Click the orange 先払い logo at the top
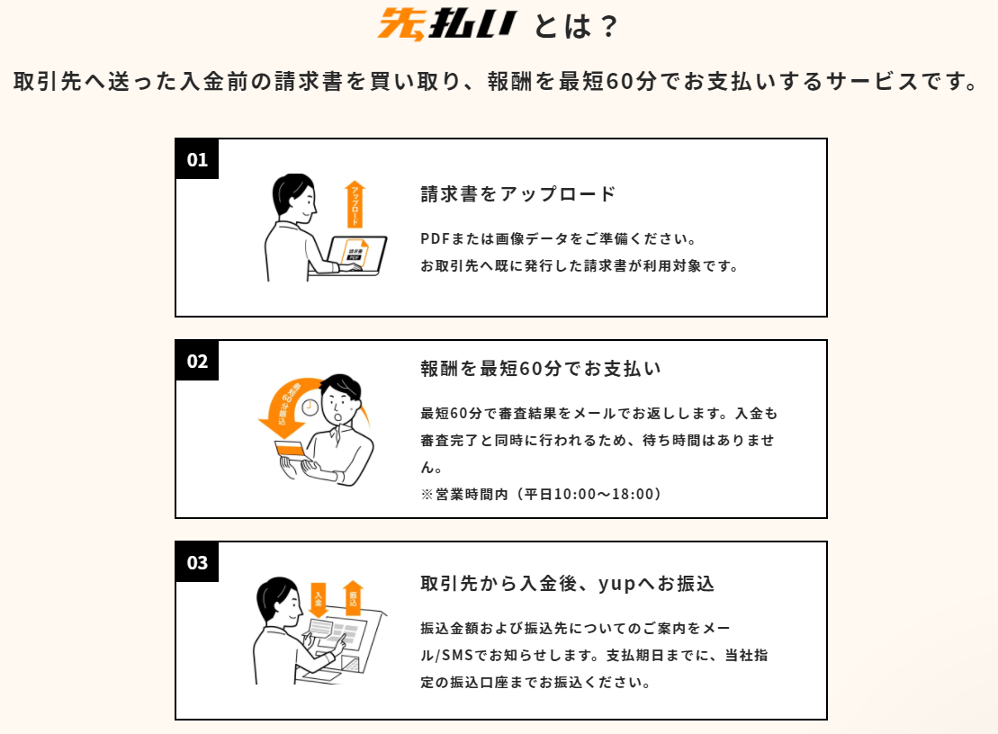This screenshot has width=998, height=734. click(x=446, y=24)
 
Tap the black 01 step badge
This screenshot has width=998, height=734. click(x=197, y=159)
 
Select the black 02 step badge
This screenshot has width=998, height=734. click(x=197, y=361)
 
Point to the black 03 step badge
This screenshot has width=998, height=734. click(x=197, y=562)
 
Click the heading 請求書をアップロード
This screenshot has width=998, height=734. click(x=518, y=194)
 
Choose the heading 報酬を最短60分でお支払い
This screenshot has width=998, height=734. click(x=540, y=368)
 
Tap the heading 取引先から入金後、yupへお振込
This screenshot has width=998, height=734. click(x=567, y=583)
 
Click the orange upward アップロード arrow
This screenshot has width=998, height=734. click(x=355, y=203)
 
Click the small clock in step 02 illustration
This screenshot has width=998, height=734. click(x=310, y=407)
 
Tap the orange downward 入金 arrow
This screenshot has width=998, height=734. click(x=318, y=600)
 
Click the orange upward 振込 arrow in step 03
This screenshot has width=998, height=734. click(x=353, y=598)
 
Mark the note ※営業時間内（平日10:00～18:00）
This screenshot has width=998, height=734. click(x=541, y=494)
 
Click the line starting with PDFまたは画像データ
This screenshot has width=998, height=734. click(x=558, y=238)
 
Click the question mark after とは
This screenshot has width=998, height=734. click(x=608, y=27)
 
